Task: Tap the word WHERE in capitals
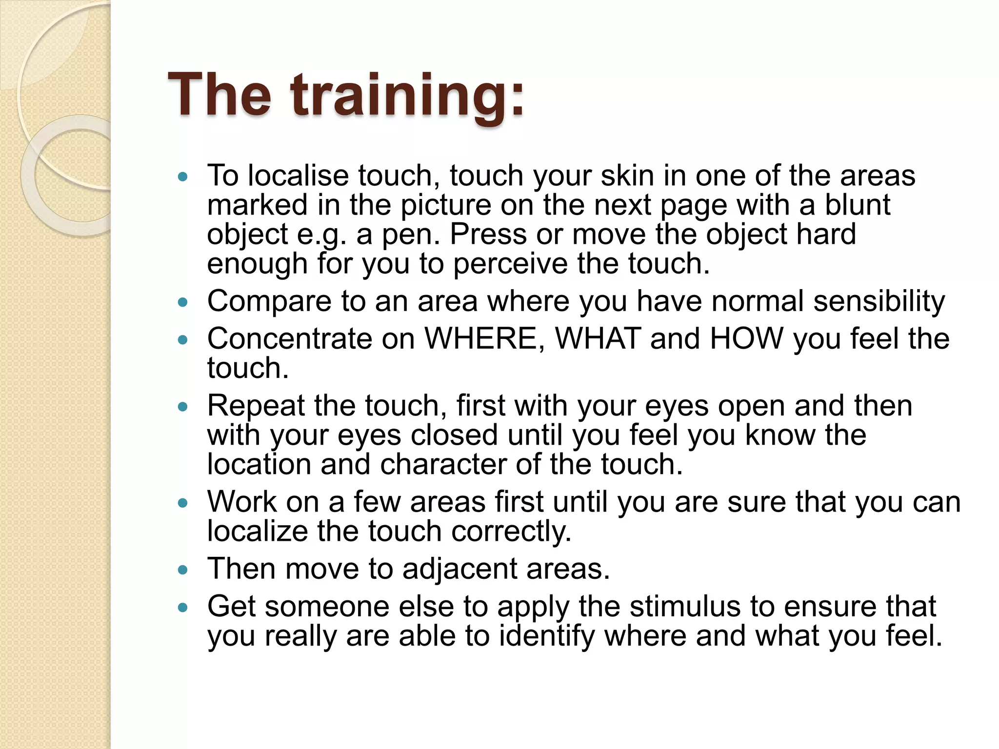[x=480, y=338]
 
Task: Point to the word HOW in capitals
[x=747, y=338]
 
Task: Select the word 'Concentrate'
[x=290, y=338]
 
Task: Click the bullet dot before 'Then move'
[x=183, y=570]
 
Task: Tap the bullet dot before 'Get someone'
[x=183, y=607]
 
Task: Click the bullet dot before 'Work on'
[x=183, y=503]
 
